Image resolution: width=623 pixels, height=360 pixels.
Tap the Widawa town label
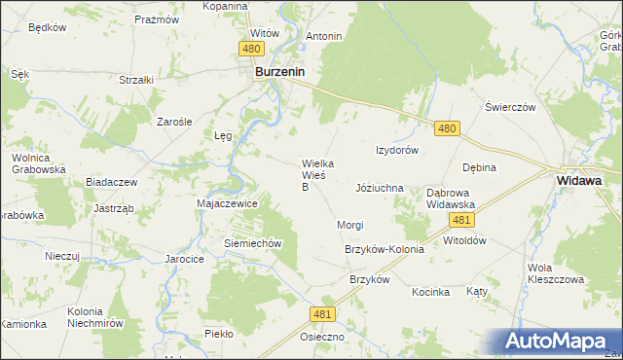(x=582, y=180)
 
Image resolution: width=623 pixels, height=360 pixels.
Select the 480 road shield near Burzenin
(x=251, y=48)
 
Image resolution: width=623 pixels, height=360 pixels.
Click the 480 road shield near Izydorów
(x=447, y=128)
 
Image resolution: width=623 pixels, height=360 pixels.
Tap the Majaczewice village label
(x=227, y=204)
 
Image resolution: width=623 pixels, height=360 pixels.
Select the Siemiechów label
(x=253, y=243)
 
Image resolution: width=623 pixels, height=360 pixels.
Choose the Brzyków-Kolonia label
(x=385, y=250)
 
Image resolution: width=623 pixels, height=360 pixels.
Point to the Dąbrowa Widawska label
(x=450, y=198)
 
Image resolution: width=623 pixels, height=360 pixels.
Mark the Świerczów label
(x=511, y=108)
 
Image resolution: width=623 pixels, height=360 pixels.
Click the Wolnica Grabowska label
(x=38, y=163)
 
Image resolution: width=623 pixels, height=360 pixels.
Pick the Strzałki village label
(x=137, y=81)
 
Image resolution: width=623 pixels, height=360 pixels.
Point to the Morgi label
(x=350, y=225)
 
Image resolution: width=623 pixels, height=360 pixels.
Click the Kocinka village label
(x=430, y=292)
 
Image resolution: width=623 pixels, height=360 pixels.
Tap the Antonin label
(x=324, y=37)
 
